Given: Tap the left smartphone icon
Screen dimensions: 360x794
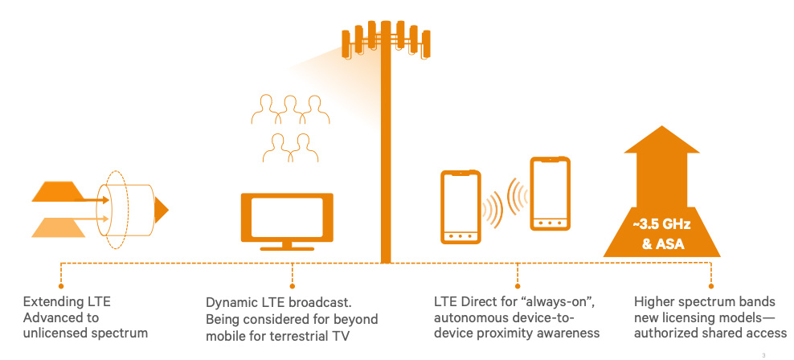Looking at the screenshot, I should click(x=460, y=206).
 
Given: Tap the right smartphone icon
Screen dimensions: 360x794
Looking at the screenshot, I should click(x=550, y=194).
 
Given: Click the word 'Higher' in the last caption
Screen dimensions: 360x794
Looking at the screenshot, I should click(x=653, y=303).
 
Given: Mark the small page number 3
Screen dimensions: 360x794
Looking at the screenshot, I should click(x=762, y=353).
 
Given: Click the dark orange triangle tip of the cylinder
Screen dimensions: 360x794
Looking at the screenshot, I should click(x=162, y=210).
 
